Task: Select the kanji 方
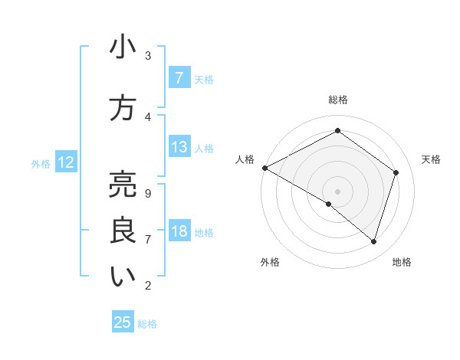tap(123, 108)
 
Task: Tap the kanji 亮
tap(123, 184)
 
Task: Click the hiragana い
tap(123, 277)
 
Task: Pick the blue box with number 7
tap(179, 78)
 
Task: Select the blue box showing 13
tap(179, 147)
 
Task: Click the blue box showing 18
tap(179, 231)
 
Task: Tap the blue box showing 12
tap(65, 162)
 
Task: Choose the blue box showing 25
tap(123, 322)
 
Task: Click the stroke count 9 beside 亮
tap(147, 193)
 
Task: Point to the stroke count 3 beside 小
tap(147, 56)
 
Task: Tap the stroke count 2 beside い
tap(147, 286)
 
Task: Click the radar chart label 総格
tap(337, 100)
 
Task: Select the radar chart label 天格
tap(431, 159)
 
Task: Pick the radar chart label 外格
tap(270, 262)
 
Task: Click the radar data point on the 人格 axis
tap(264, 168)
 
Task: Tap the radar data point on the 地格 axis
tap(374, 242)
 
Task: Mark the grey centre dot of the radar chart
tap(337, 191)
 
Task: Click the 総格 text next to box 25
tap(147, 324)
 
